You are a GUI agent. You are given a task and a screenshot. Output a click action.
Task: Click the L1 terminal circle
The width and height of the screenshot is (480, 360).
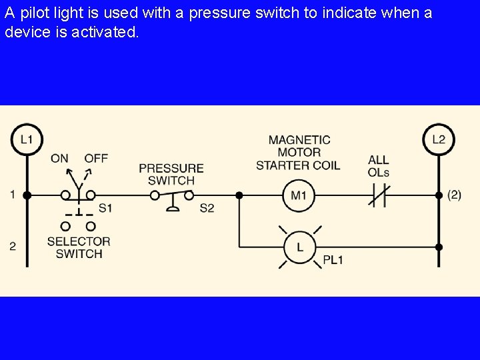coord(27,139)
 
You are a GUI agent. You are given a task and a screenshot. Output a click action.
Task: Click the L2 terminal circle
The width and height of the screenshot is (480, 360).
coord(438,139)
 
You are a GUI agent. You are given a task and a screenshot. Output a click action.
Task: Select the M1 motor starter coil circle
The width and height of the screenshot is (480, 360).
coord(298,195)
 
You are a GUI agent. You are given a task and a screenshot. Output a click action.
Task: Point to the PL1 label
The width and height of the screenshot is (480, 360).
coord(333,260)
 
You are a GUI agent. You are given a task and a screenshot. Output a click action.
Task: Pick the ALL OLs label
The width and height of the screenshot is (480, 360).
coord(378,166)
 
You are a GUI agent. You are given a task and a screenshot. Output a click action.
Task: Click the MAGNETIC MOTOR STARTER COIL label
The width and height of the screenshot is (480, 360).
coord(299,152)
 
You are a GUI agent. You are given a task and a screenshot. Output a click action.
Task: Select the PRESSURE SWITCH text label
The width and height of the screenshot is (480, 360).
coord(171,174)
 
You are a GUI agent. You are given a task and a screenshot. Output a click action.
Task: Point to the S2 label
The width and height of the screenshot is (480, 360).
coord(207,208)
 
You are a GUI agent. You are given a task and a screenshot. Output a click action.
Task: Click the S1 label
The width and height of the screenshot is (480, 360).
coord(105,208)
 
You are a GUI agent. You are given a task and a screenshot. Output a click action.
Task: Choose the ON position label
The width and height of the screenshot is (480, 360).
coord(59,158)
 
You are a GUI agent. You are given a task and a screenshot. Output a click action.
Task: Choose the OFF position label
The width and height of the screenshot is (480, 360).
coord(96,158)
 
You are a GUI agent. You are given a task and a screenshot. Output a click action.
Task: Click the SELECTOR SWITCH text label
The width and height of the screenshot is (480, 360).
coord(79,247)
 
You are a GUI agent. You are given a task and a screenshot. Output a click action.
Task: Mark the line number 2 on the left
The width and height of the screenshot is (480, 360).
coord(13,246)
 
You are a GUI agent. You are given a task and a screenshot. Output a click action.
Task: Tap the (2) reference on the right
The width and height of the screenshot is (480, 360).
coord(454,195)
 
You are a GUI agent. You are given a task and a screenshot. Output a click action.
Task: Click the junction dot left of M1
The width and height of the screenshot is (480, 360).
coord(239,195)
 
